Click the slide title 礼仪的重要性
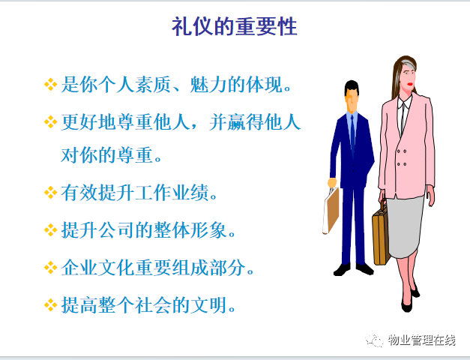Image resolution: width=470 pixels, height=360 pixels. [x=235, y=27]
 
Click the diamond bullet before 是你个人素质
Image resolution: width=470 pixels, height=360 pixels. [x=50, y=85]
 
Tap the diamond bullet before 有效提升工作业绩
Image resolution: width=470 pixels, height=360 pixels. [x=50, y=193]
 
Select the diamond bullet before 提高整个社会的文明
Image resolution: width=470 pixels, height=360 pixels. [x=50, y=305]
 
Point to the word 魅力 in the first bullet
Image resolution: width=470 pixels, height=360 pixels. [x=208, y=85]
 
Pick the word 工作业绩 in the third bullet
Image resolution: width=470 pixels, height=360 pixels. [x=172, y=193]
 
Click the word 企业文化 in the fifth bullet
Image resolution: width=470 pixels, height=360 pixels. [x=97, y=268]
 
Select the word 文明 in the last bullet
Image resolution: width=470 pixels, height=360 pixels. [x=208, y=305]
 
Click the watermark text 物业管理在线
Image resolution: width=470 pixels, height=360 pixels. [x=422, y=340]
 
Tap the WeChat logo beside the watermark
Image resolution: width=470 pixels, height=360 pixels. [x=374, y=340]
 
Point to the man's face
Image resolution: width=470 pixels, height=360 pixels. [x=351, y=100]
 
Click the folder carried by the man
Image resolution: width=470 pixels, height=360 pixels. [x=331, y=211]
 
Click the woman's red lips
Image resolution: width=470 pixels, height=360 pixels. [x=410, y=85]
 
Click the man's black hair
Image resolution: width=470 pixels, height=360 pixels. [x=352, y=86]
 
